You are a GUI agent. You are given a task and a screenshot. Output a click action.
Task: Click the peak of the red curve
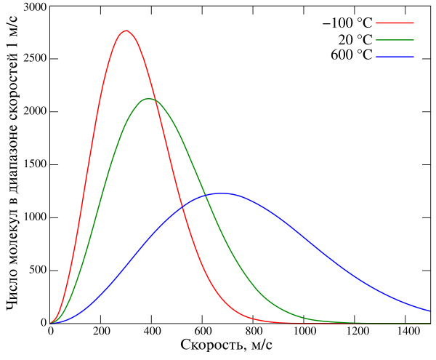point(126,31)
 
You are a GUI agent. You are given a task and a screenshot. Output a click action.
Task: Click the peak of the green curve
point(148,99)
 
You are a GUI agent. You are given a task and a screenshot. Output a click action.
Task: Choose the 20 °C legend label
point(356,39)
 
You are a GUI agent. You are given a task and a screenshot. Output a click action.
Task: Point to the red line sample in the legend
point(395,24)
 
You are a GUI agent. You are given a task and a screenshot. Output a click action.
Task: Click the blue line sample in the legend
point(395,55)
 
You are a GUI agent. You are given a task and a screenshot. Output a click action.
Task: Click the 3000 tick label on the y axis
point(34,7)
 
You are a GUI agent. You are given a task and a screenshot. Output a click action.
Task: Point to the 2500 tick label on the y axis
point(34,59)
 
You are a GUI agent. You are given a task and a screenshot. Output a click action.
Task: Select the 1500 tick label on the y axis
point(34,165)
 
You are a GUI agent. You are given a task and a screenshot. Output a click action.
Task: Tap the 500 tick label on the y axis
point(37,271)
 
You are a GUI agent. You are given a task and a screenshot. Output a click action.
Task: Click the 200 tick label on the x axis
point(101,331)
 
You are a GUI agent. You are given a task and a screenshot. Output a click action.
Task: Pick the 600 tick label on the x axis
point(203,331)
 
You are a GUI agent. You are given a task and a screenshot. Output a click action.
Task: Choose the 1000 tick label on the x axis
point(304,331)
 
